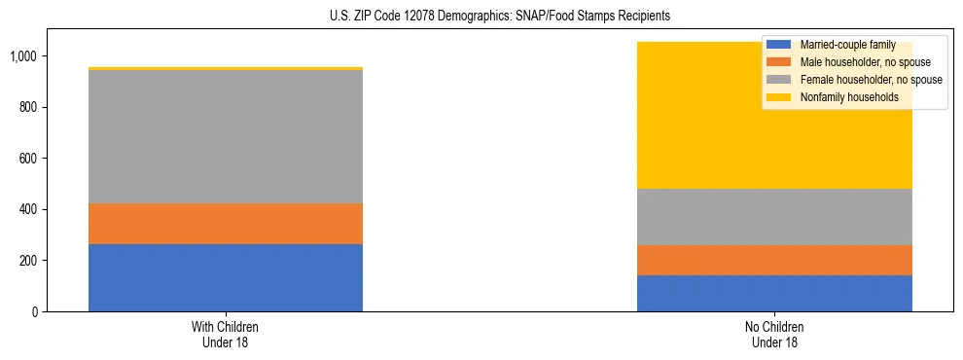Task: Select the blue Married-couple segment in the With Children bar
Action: tap(226, 277)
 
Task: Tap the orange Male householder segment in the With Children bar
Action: tap(226, 224)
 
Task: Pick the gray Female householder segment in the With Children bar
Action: tap(226, 136)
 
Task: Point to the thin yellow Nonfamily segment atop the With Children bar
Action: tap(226, 68)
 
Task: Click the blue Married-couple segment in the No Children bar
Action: tap(774, 293)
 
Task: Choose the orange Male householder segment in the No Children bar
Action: tap(774, 260)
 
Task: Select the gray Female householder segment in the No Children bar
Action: tap(774, 217)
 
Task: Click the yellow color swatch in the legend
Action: tap(778, 97)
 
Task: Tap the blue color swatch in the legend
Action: tap(778, 45)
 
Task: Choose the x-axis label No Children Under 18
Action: tap(774, 334)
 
